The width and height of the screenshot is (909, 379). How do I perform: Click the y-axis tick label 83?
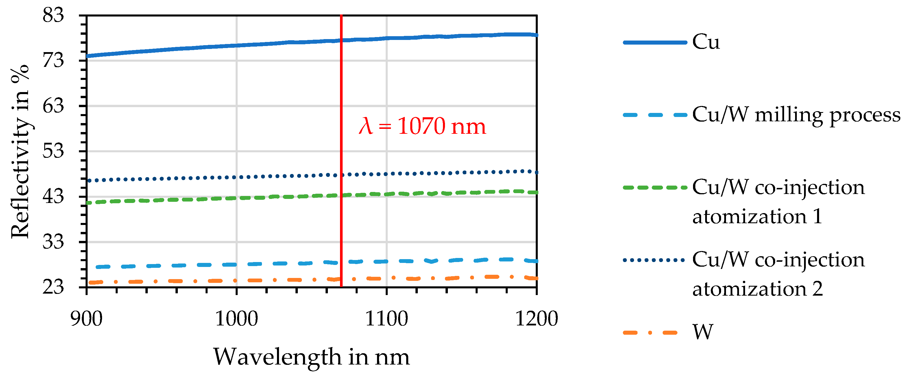click(53, 16)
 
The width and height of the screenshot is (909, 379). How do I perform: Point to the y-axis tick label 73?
click(53, 61)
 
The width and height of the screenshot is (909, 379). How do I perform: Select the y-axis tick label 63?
click(53, 106)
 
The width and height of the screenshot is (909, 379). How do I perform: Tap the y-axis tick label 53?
click(53, 151)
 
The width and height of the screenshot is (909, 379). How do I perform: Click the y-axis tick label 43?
click(53, 196)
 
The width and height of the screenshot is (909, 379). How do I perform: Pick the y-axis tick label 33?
click(53, 242)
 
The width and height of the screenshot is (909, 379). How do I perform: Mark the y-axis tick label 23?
click(53, 287)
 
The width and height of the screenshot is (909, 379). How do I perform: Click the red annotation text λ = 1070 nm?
click(422, 126)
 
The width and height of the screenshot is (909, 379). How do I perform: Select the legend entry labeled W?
click(703, 332)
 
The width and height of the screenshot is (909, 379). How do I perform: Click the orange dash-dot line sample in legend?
click(650, 332)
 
